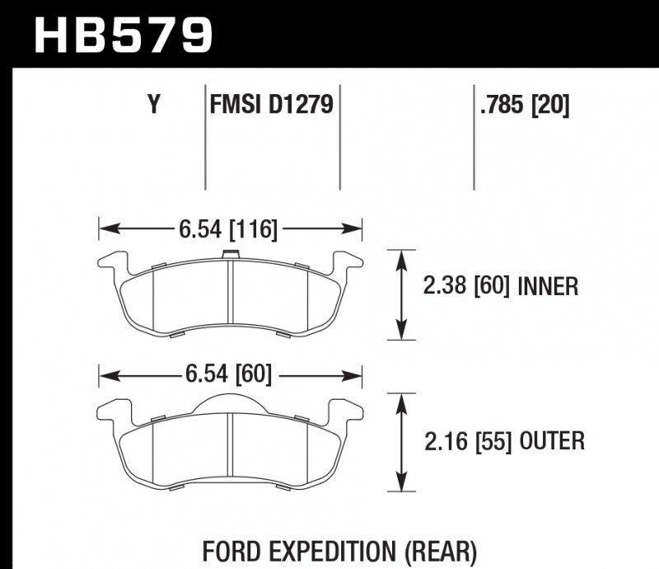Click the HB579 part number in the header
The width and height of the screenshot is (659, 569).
(124, 35)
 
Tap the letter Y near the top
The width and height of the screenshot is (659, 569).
(152, 106)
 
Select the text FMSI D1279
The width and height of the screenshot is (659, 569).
(271, 106)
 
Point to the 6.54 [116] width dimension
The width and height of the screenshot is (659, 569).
(228, 228)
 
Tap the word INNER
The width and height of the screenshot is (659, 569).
(548, 287)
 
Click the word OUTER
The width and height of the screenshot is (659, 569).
(551, 441)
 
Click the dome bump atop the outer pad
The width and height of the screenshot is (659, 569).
(231, 402)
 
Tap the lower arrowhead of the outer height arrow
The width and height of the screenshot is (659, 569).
(401, 487)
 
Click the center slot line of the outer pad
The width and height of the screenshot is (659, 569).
(231, 449)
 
